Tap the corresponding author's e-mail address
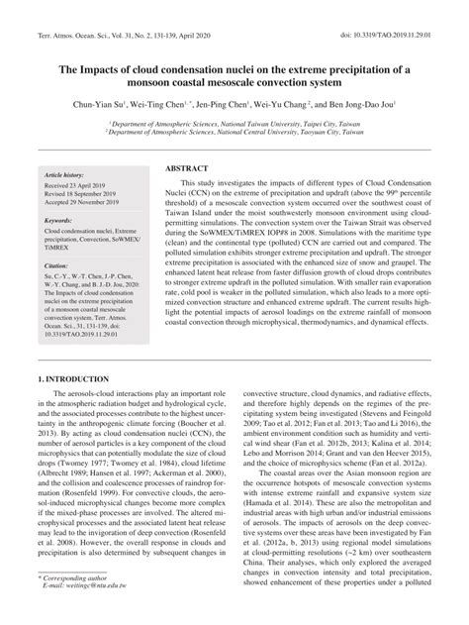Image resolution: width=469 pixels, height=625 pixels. point(75,613)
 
